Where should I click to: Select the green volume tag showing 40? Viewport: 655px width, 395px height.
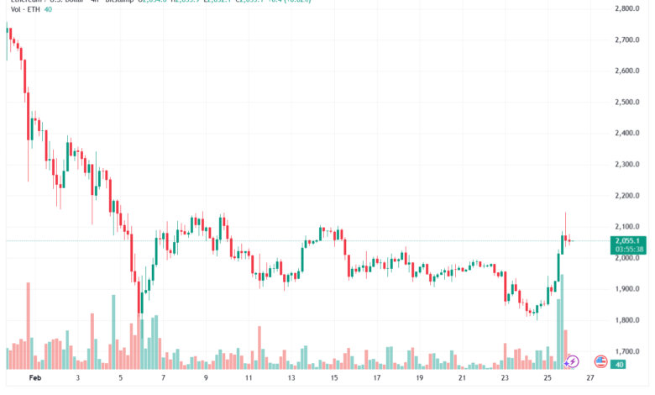[617, 364]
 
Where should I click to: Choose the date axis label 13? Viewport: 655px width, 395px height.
[291, 379]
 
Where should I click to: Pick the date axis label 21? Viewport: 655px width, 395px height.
[462, 379]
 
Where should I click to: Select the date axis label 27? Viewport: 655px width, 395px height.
[590, 379]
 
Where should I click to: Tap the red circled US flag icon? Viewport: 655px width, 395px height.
[600, 362]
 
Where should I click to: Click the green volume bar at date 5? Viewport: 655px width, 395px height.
[113, 332]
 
